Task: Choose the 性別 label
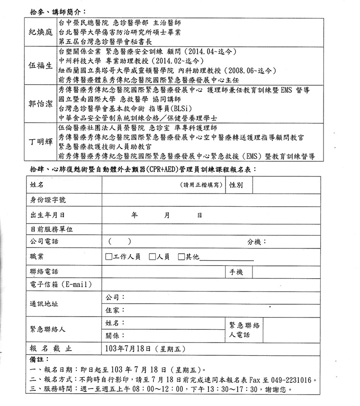point(235,185)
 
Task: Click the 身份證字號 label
point(48,200)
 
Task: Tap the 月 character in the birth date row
point(167,215)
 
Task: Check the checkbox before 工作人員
point(108,257)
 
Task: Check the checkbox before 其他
point(181,257)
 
